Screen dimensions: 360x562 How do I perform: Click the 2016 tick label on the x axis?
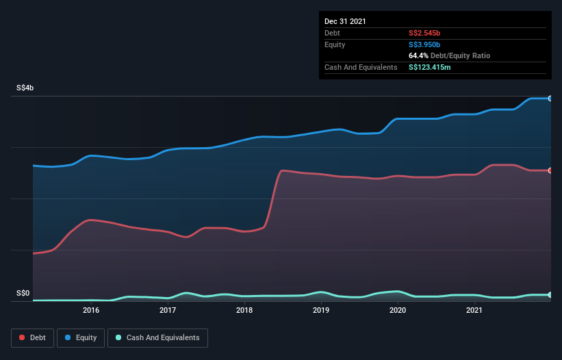coord(91,311)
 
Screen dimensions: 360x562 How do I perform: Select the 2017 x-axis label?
coord(168,311)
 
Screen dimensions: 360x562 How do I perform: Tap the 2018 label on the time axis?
coord(244,311)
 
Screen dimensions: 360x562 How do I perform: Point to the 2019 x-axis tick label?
coord(322,311)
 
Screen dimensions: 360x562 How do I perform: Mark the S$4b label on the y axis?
coord(25,88)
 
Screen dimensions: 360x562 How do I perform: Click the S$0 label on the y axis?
coord(23,293)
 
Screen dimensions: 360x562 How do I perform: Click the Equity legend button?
coord(81,337)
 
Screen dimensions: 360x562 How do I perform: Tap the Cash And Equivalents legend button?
coord(157,337)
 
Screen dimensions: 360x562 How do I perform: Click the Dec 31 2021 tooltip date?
coord(345,21)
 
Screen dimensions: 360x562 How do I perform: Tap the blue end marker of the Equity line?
coord(550,99)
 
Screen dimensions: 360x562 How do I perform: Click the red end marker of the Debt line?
coord(550,170)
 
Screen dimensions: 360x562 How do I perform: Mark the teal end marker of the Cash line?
coord(550,295)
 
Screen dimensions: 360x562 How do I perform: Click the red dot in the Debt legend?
coord(23,337)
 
